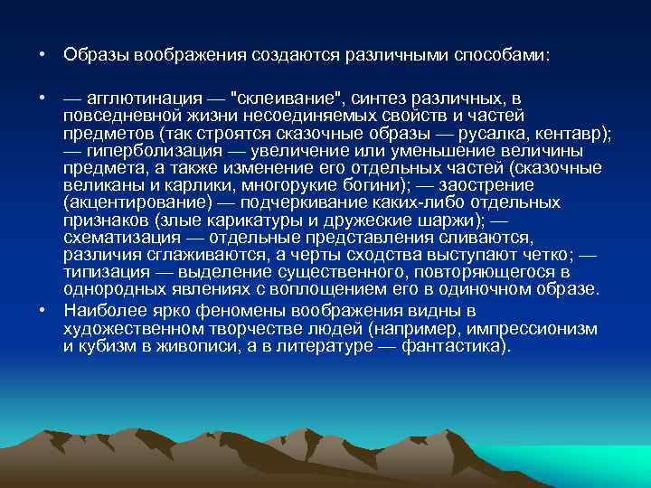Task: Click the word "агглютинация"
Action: point(137,98)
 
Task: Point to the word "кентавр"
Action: point(580,134)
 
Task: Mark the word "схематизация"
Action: point(115,238)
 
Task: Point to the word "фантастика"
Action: point(460,345)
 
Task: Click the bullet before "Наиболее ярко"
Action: point(43,308)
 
